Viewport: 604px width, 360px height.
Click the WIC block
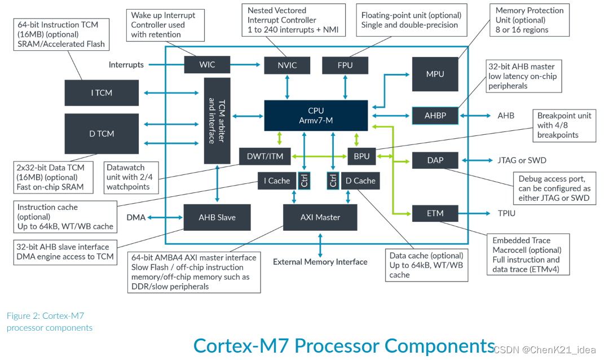[x=207, y=64]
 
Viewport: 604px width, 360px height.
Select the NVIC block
[x=287, y=65]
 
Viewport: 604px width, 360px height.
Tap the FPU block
[x=345, y=65]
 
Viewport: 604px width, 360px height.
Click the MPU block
[x=435, y=74]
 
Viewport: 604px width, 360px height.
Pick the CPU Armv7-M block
[x=316, y=115]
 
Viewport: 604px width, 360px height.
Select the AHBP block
[x=435, y=115]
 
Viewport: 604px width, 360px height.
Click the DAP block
[x=435, y=160]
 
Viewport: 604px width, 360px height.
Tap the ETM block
[x=435, y=213]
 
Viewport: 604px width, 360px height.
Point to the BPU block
[x=361, y=156]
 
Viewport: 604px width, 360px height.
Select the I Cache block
[x=276, y=181]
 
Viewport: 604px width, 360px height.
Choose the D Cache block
[x=360, y=181]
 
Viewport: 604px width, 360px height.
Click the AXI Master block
[x=320, y=217]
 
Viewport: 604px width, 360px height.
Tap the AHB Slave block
[x=217, y=217]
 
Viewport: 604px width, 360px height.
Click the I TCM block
[x=102, y=93]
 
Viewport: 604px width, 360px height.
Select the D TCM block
[x=102, y=134]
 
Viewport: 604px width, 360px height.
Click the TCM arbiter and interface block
[x=217, y=121]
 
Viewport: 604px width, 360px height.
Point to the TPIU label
[x=507, y=213]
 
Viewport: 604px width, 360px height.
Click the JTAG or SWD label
[x=521, y=160]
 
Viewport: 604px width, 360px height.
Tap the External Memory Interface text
[x=320, y=262]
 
